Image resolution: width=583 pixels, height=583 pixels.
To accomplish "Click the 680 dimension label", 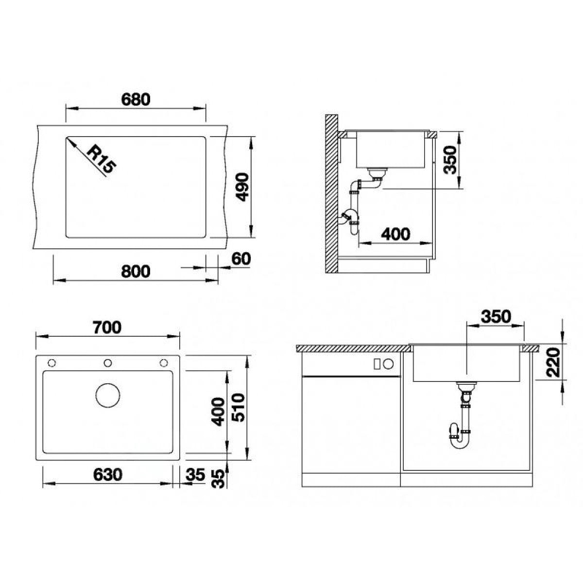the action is [x=136, y=100].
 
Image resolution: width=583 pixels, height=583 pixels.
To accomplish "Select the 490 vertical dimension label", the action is [x=242, y=187].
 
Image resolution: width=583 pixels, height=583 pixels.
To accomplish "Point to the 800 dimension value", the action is [x=136, y=272].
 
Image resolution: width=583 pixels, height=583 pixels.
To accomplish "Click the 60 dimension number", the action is [x=241, y=259].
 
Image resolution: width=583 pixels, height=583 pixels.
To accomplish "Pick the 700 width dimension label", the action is [x=107, y=327].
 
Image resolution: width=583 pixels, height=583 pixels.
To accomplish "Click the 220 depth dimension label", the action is [x=554, y=363].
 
